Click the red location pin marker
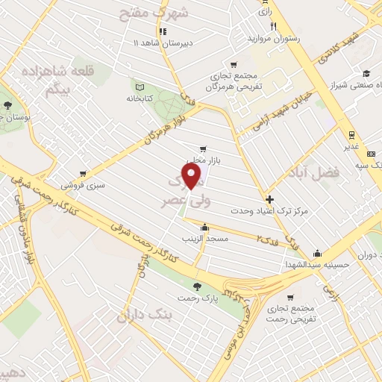[x=193, y=177]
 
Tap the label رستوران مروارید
[x=278, y=37]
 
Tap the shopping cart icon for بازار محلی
[x=202, y=149]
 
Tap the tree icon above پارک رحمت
[x=197, y=286]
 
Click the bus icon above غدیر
[x=348, y=135]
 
